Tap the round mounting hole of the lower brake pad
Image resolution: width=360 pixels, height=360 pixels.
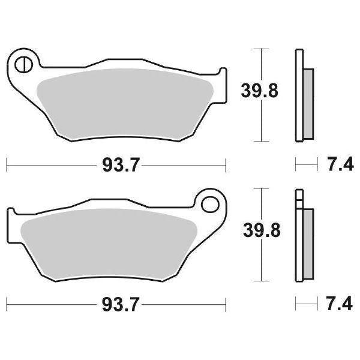210,203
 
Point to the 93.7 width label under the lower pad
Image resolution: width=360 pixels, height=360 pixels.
116,305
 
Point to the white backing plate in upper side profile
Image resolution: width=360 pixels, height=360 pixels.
298,96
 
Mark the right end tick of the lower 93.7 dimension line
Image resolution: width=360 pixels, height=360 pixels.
226,304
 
